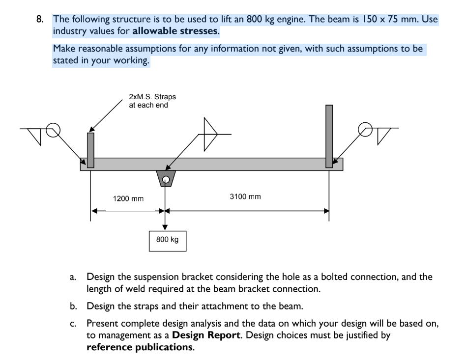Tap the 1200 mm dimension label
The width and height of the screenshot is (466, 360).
[x=128, y=199]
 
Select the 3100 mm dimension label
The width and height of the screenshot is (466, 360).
[x=245, y=197]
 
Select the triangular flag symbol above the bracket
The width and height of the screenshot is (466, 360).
[x=210, y=134]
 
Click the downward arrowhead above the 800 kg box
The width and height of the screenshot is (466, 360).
[x=165, y=226]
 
